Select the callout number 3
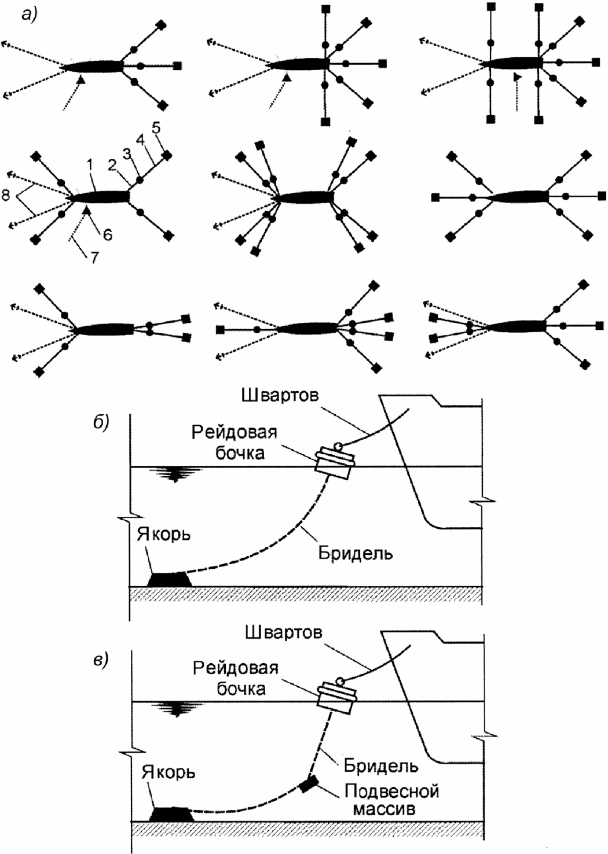[x=126, y=154]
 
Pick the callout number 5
[x=156, y=130]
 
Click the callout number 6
[x=108, y=235]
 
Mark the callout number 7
[x=93, y=257]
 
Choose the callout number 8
[x=6, y=196]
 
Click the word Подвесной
[x=392, y=790]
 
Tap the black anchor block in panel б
[x=169, y=580]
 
